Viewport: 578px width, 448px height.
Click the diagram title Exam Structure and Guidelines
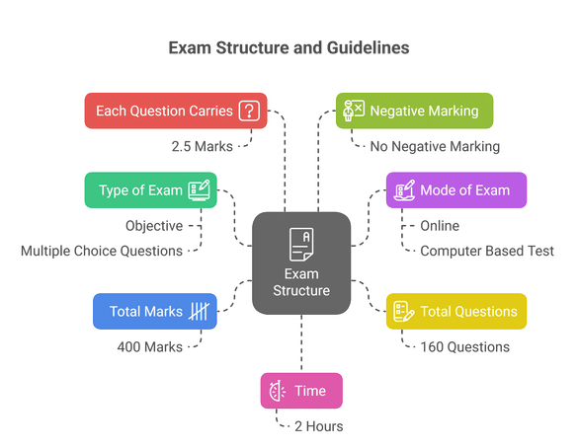point(289,47)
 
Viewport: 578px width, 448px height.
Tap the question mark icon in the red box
point(249,111)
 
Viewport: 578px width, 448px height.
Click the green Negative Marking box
point(413,111)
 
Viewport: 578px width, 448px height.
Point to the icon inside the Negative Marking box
point(354,111)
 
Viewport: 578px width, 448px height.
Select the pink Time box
point(301,390)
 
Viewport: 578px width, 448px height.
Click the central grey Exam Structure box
point(301,261)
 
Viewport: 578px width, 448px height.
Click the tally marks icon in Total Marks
point(199,311)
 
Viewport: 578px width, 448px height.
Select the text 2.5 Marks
point(203,146)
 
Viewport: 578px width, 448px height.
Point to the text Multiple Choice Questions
point(102,251)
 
